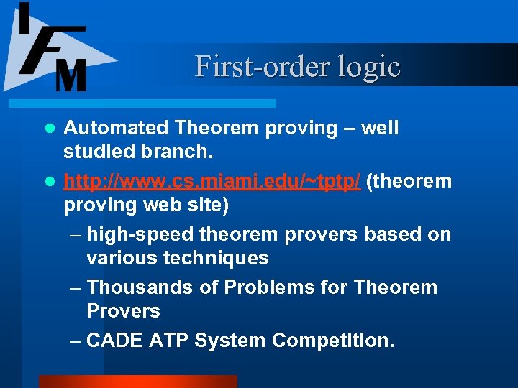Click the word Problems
(x=272, y=287)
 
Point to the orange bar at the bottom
(x=137, y=382)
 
